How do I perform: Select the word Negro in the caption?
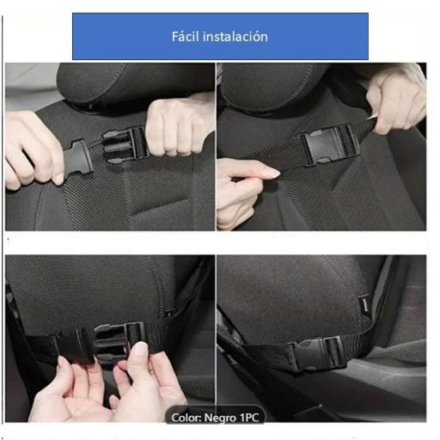click(x=215, y=418)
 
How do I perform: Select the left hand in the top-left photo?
click(x=30, y=150)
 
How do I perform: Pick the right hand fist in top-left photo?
click(x=176, y=125)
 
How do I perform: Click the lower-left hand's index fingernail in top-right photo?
click(x=268, y=173)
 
